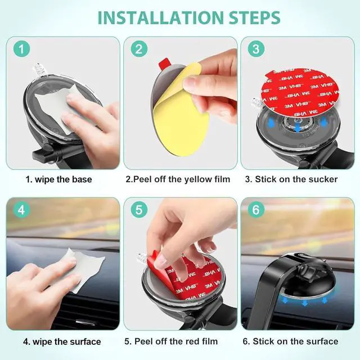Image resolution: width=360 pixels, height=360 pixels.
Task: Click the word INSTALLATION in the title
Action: [x=161, y=17]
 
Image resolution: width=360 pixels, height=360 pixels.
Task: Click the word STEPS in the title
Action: [x=255, y=17]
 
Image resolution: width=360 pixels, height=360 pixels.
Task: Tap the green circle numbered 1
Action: [x=21, y=49]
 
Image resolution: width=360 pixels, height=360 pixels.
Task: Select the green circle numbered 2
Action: [x=139, y=49]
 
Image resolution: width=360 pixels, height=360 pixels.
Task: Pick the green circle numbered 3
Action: [x=256, y=49]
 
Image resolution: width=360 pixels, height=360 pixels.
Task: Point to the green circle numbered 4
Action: [x=21, y=210]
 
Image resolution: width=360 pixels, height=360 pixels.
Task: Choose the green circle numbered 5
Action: [x=139, y=210]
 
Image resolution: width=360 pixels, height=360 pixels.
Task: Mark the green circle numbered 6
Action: [x=256, y=210]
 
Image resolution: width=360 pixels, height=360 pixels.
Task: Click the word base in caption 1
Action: [x=82, y=179]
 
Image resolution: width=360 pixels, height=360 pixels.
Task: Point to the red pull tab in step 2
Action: [x=164, y=64]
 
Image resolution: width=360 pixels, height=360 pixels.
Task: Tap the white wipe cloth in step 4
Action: [x=83, y=269]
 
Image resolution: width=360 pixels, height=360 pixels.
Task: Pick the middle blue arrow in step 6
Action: [x=305, y=303]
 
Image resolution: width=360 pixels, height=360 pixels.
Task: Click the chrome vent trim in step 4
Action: [x=85, y=322]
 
